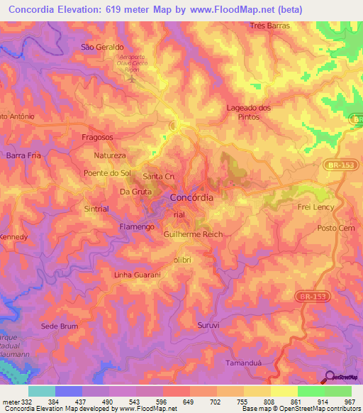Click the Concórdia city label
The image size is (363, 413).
tap(191, 198)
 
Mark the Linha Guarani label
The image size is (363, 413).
tap(138, 275)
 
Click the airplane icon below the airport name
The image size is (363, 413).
tap(130, 77)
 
